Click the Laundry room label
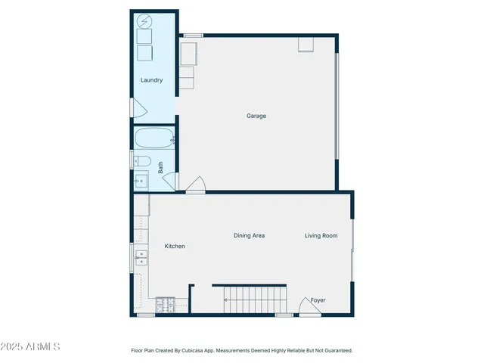pos(151,80)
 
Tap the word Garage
pos(256,116)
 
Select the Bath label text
pos(161,166)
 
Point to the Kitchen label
pos(175,247)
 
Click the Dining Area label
pos(249,236)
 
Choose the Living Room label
pos(321,236)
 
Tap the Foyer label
pos(318,300)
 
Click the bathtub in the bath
pos(155,139)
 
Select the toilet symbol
pos(142,161)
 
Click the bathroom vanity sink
pos(141,181)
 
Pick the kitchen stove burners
pos(165,306)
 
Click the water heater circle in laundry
pos(144,21)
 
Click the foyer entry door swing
pos(306,306)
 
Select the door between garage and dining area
pos(195,185)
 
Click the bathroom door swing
pos(170,182)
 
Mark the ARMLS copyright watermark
pos(31,346)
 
